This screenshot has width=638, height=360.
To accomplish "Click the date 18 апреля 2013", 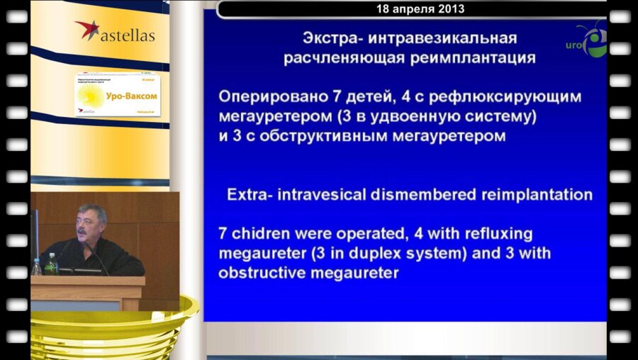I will tap(420, 9).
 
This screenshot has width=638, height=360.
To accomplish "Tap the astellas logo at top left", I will tap(115, 33).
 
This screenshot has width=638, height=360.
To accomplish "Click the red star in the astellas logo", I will tap(87, 29).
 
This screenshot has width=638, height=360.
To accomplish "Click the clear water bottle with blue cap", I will tap(36, 266).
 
